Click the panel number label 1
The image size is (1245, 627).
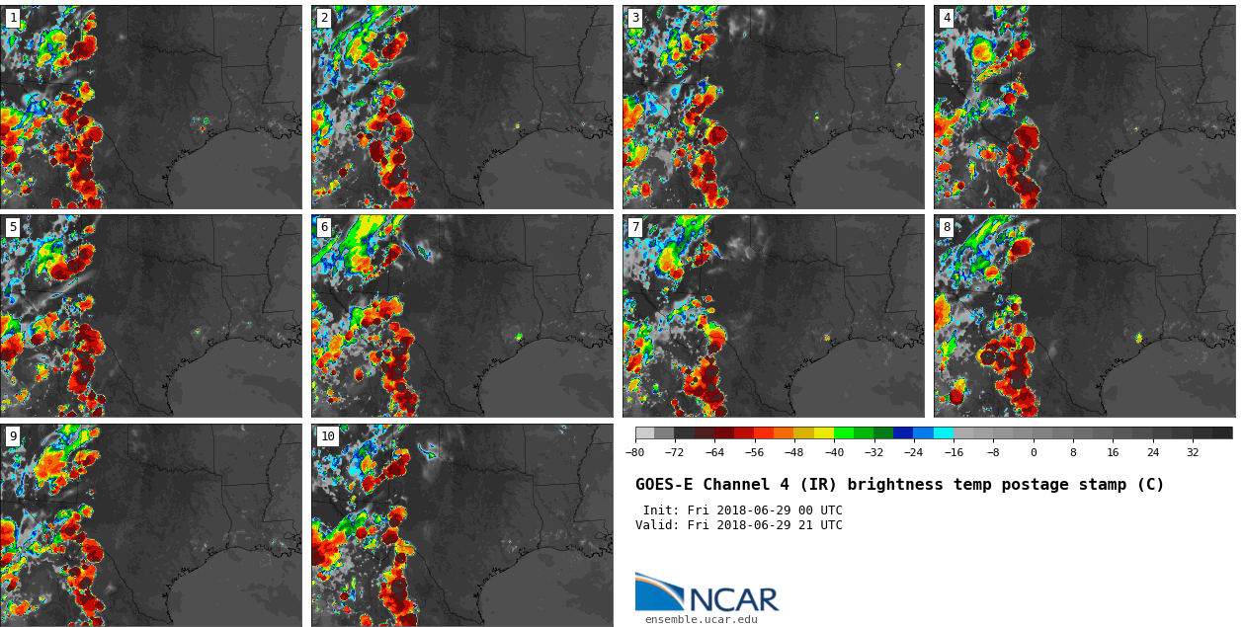tap(13, 18)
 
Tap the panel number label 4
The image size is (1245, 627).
tap(947, 18)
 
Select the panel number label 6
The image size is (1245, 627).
tap(324, 227)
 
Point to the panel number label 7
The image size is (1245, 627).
tap(635, 227)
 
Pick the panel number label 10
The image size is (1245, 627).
tap(327, 436)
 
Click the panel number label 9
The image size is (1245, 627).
tap(13, 436)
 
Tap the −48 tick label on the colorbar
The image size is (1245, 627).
tap(793, 453)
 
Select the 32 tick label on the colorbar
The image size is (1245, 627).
tap(1193, 453)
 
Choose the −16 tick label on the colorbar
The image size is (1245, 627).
tap(953, 453)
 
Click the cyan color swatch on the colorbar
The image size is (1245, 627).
tap(944, 432)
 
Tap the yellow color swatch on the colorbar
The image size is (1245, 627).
tap(824, 432)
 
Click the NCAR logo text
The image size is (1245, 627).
tap(733, 599)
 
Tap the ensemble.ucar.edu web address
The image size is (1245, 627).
tap(702, 620)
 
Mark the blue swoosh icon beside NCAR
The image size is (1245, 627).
tap(658, 592)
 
